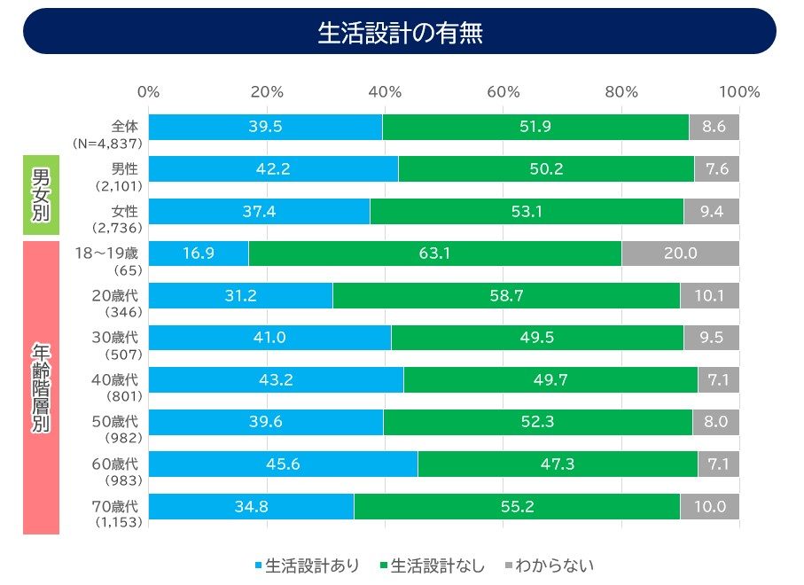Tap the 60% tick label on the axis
(503, 92)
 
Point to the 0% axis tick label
(149, 92)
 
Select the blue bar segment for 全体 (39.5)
(265, 127)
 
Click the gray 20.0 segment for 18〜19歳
(680, 253)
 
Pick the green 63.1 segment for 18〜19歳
(434, 253)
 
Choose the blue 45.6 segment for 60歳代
(283, 464)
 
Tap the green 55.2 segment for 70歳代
(516, 507)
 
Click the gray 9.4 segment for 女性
(711, 211)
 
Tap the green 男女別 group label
(41, 194)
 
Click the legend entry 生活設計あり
(306, 565)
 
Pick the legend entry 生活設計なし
(433, 565)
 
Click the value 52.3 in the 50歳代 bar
(537, 422)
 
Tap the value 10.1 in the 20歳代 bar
(709, 295)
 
